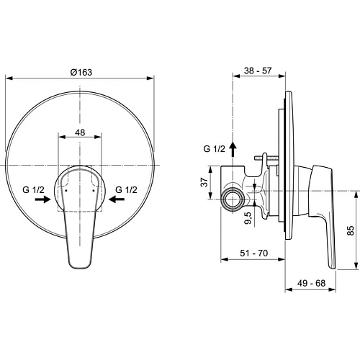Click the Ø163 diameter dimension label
click(81, 72)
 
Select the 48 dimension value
click(80, 132)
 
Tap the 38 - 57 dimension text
click(258, 71)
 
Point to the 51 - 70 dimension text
click(254, 253)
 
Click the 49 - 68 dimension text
click(311, 283)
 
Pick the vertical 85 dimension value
click(351, 230)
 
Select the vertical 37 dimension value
click(204, 182)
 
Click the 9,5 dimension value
click(248, 217)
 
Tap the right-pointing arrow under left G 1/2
click(43, 199)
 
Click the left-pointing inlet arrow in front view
click(117, 199)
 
